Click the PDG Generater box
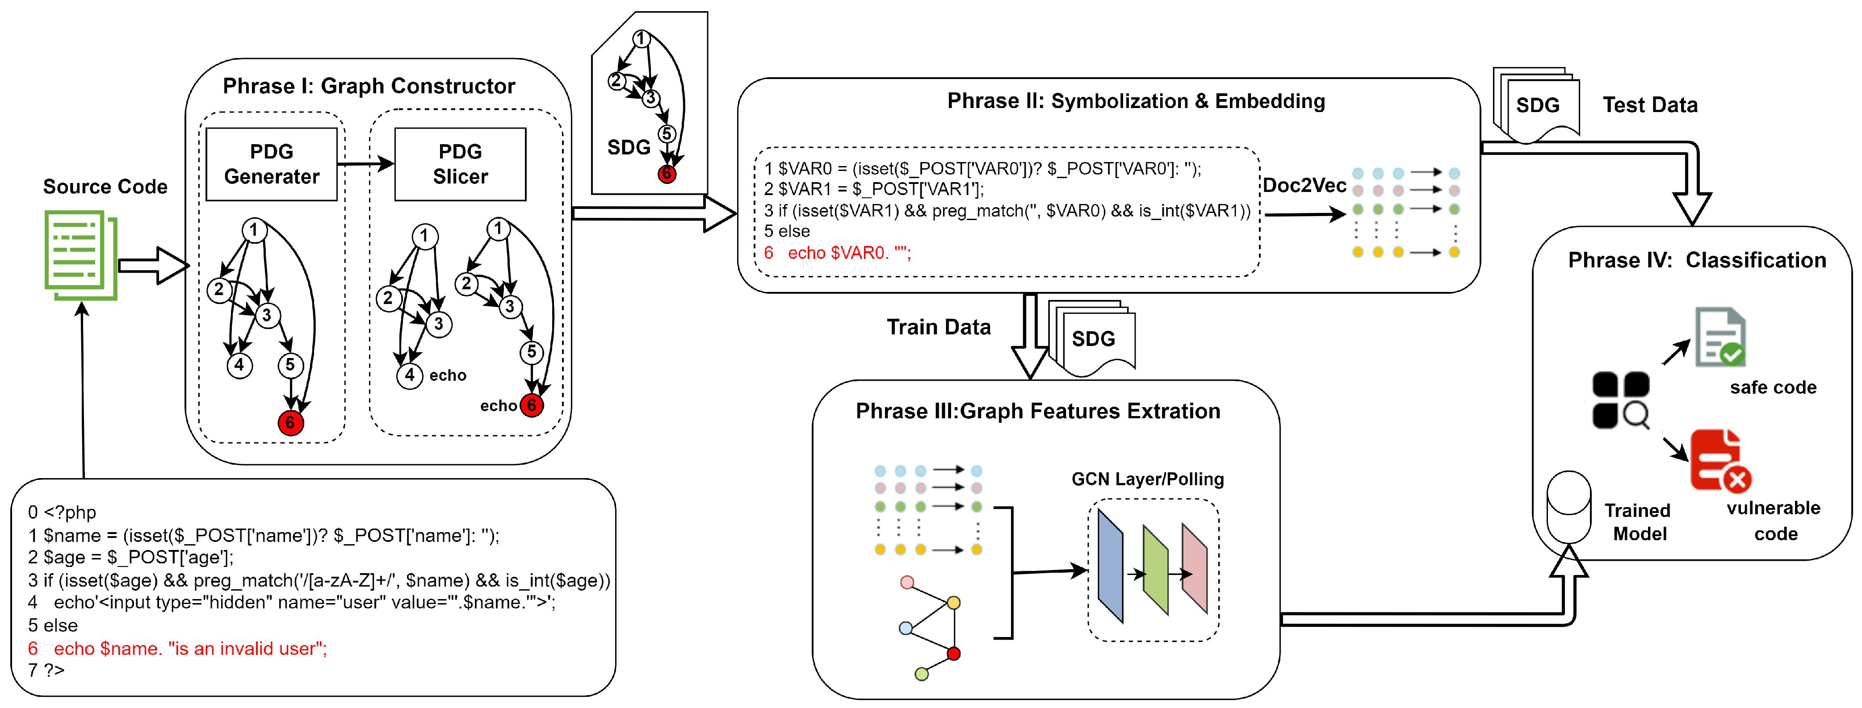271,164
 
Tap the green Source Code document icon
80,254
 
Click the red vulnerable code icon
1719,462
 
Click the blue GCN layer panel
1110,566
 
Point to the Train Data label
938,327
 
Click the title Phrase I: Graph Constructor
369,86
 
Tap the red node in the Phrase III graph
953,654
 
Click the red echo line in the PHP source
178,649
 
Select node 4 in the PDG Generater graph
239,365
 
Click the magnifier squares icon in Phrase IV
1621,400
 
